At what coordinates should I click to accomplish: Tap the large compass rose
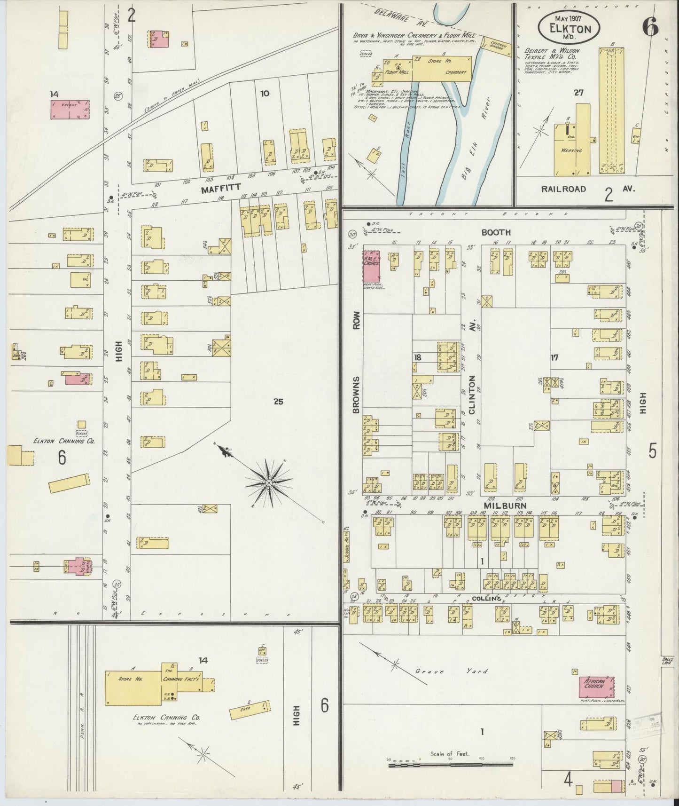tap(269, 483)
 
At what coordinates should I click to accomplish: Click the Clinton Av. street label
tap(472, 374)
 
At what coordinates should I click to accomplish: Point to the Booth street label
tap(496, 233)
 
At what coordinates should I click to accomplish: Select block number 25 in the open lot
tap(278, 402)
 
